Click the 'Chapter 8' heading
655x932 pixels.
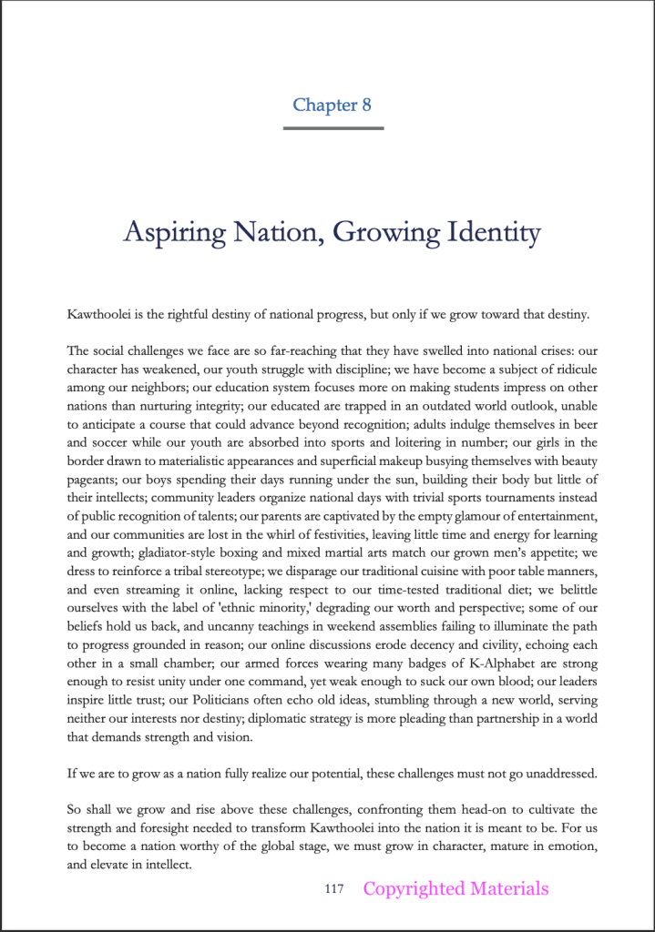(332, 105)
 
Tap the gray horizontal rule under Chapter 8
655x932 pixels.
(333, 128)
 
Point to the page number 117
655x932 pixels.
(333, 889)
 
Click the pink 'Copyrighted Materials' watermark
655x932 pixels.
(455, 889)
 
